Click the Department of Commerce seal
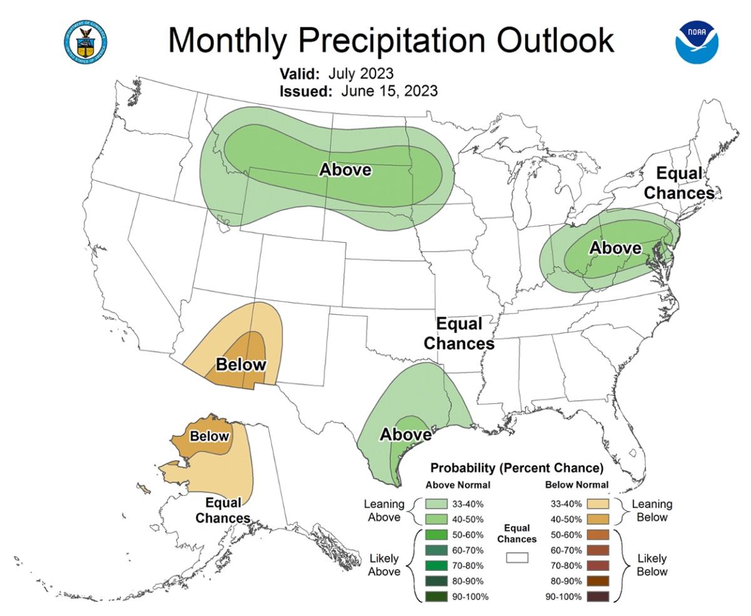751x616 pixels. pyautogui.click(x=86, y=41)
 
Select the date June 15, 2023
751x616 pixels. pyautogui.click(x=389, y=91)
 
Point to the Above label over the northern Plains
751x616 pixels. pyautogui.click(x=345, y=170)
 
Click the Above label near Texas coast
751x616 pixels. pyautogui.click(x=406, y=434)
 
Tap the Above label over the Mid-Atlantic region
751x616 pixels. pyautogui.click(x=616, y=248)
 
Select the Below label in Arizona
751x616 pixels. pyautogui.click(x=241, y=364)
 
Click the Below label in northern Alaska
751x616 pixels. pyautogui.click(x=210, y=436)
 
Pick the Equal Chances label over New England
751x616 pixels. pyautogui.click(x=679, y=183)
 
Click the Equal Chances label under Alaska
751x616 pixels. pyautogui.click(x=223, y=510)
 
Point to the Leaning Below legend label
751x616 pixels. pyautogui.click(x=651, y=510)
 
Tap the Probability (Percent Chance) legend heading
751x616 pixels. pyautogui.click(x=516, y=468)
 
